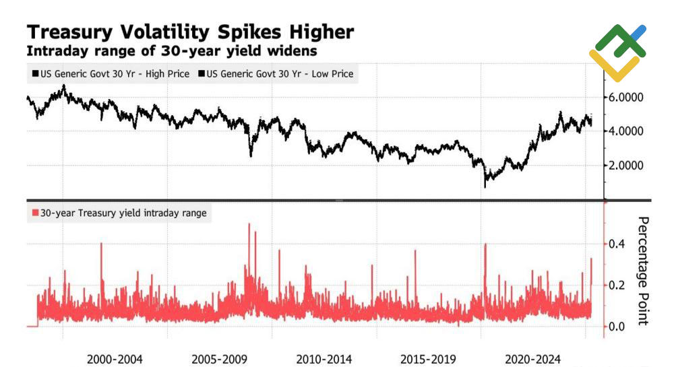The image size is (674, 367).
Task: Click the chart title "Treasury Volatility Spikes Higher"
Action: click(x=189, y=32)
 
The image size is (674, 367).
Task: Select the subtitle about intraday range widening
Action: click(x=171, y=51)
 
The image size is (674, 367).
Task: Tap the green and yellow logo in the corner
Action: click(x=617, y=53)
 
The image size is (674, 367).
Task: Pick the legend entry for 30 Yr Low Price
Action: click(x=276, y=73)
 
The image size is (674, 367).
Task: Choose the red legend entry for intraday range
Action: click(x=119, y=213)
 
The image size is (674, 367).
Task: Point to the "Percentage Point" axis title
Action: click(x=643, y=270)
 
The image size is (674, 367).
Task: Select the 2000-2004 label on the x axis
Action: click(x=115, y=359)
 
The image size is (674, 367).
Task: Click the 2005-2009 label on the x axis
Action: click(x=220, y=359)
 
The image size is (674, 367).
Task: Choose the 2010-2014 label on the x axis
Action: click(x=324, y=359)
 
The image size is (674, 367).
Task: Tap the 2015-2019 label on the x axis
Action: click(x=429, y=359)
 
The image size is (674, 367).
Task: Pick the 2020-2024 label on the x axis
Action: click(x=533, y=359)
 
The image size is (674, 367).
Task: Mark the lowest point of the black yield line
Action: click(x=485, y=186)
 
